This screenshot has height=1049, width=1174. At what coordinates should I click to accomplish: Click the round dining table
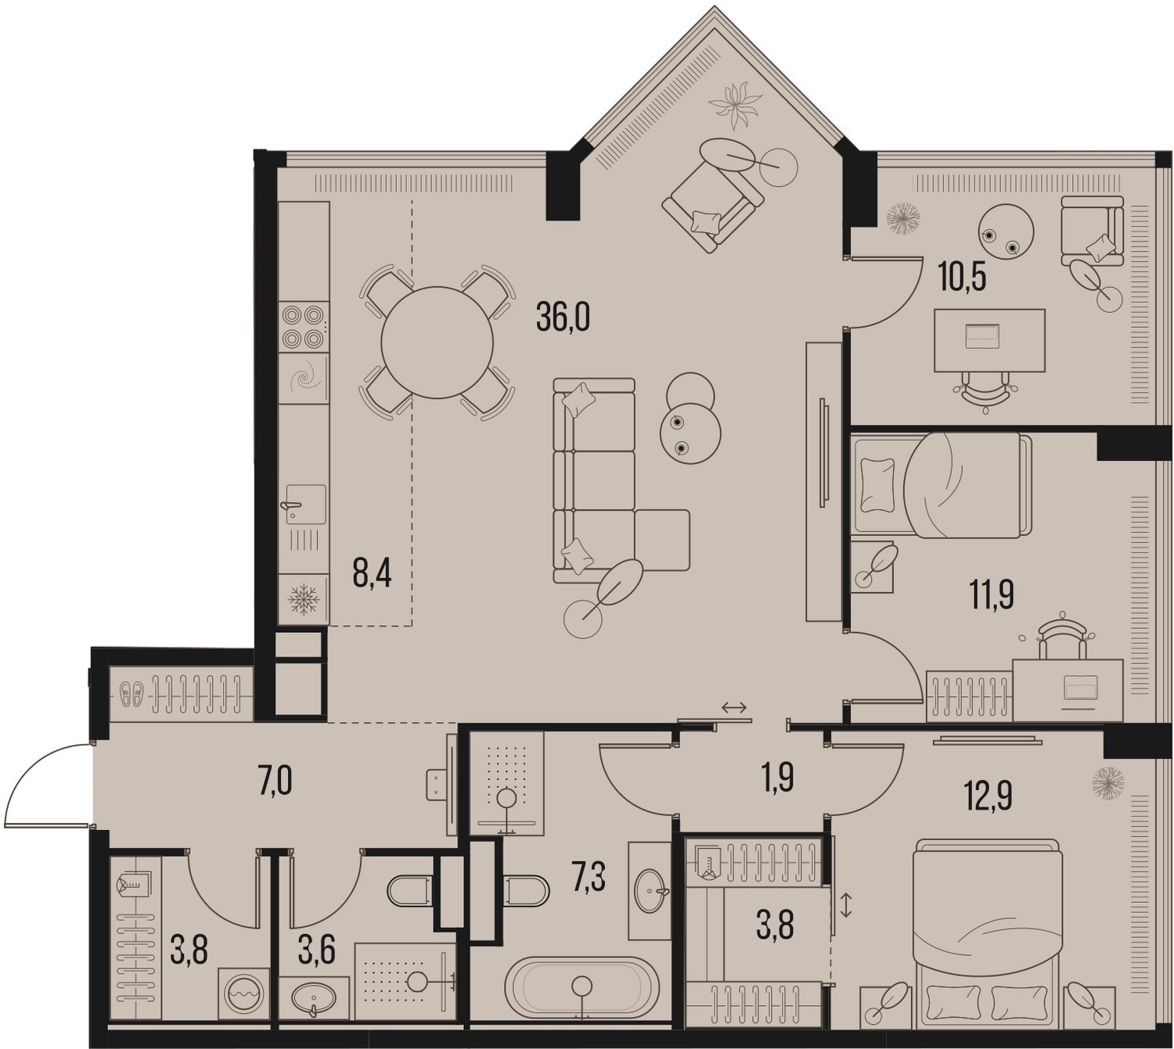[437, 343]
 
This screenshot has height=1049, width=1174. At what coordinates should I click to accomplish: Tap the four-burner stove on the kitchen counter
[304, 326]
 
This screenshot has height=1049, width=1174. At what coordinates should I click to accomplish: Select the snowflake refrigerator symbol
[304, 598]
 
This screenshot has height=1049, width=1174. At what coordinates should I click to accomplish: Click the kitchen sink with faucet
[304, 505]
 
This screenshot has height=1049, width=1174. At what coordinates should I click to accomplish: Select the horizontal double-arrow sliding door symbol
[734, 707]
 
